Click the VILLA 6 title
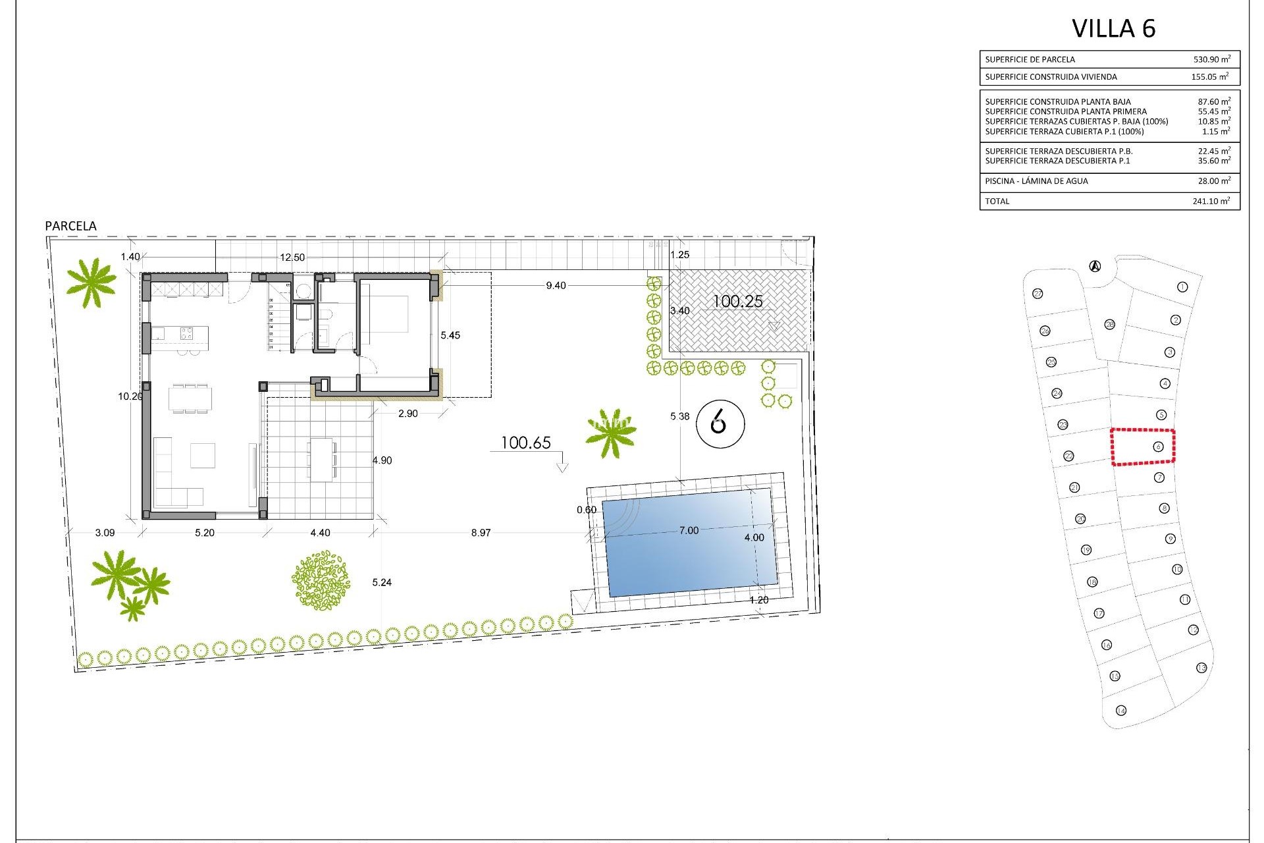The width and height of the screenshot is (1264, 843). click(1113, 29)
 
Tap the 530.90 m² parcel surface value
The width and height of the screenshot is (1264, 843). click(1211, 59)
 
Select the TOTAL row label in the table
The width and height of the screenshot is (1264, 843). click(997, 202)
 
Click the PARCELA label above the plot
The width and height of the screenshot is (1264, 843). click(70, 226)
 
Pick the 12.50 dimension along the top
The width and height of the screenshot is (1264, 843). click(292, 258)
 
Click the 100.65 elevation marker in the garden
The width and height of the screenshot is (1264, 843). click(525, 443)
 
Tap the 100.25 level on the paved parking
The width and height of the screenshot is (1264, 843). click(737, 302)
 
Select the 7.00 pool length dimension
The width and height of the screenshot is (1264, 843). click(689, 531)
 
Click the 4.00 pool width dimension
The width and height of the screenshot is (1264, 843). click(754, 537)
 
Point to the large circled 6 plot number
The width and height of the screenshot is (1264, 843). click(720, 423)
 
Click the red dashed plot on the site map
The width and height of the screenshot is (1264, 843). click(1143, 447)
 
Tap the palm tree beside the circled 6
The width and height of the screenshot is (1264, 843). click(612, 433)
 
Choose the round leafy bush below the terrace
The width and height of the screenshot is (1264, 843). click(321, 580)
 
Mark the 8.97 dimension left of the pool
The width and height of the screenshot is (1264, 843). click(481, 533)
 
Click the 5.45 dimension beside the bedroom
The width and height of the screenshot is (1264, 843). click(450, 335)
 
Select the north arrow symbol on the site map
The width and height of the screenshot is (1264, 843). click(1095, 266)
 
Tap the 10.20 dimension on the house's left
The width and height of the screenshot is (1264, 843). click(130, 396)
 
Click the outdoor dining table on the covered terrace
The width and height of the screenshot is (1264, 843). click(322, 458)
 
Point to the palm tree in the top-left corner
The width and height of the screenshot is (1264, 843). click(91, 282)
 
